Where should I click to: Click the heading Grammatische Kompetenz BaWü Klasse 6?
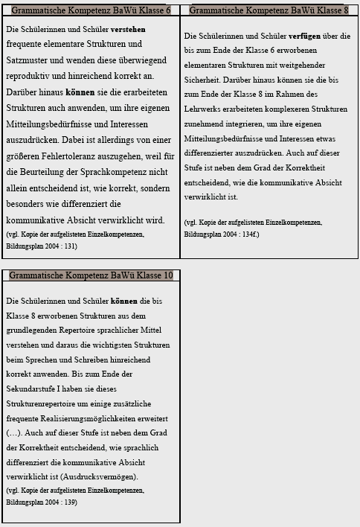[91, 10]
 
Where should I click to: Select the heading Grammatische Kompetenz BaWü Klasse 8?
[269, 10]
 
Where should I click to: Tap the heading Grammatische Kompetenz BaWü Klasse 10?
[91, 275]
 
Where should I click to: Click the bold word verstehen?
[128, 29]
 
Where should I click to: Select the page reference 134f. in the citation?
[246, 233]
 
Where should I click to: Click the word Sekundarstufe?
[31, 388]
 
